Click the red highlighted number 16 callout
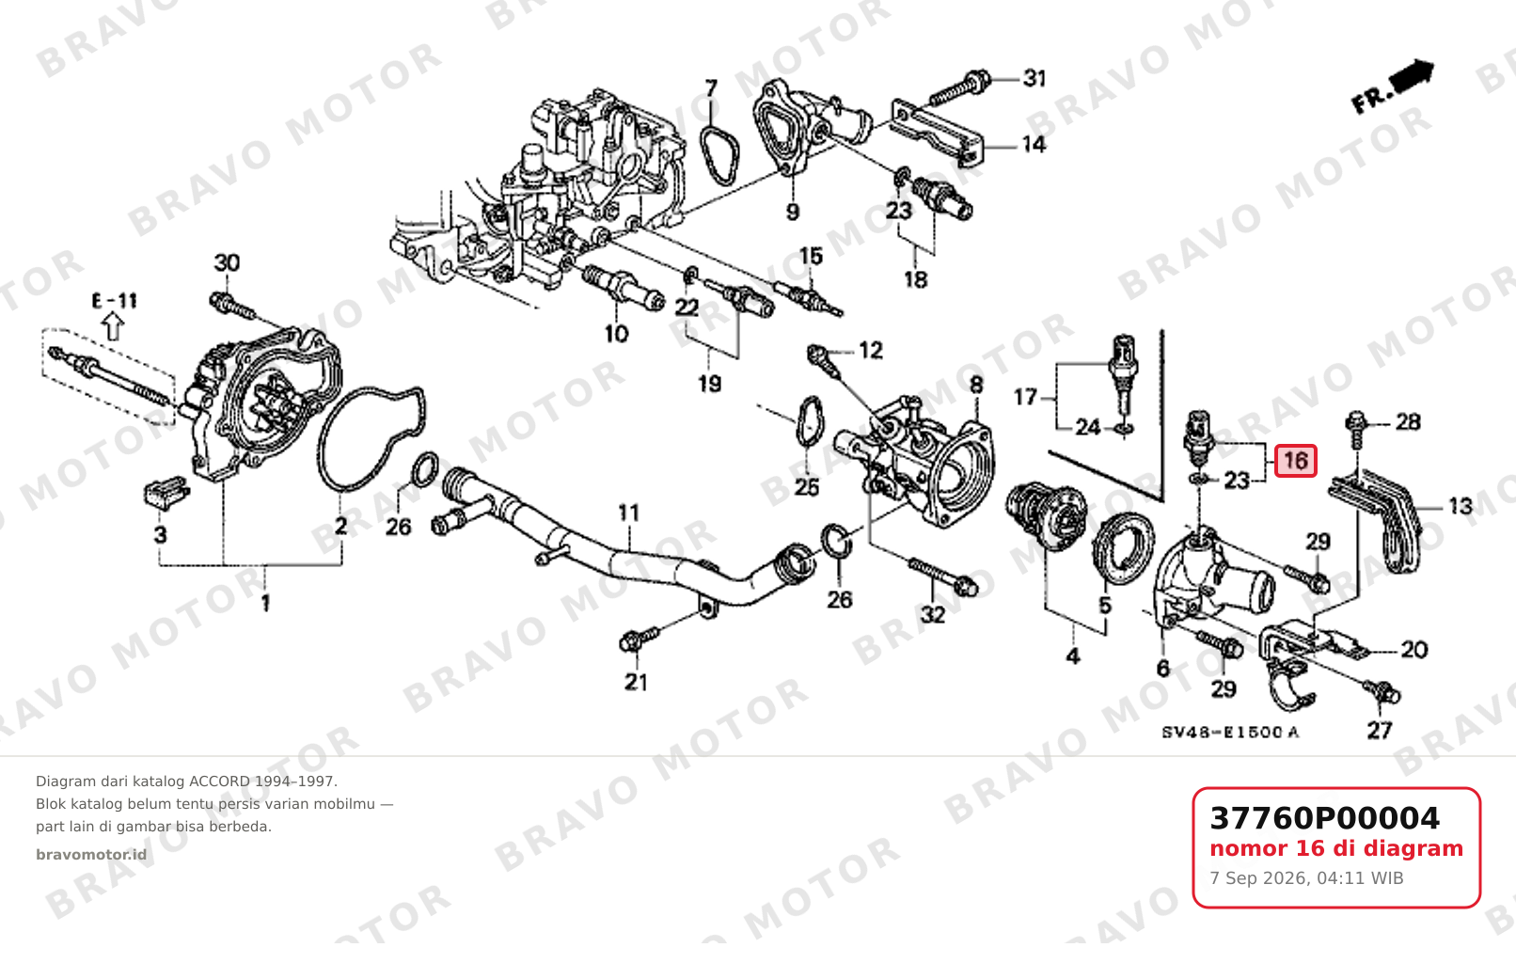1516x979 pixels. pyautogui.click(x=1295, y=461)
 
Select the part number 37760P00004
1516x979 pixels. pyautogui.click(x=1324, y=818)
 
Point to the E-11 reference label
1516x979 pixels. pyautogui.click(x=115, y=300)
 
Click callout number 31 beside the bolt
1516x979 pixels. pyautogui.click(x=1034, y=78)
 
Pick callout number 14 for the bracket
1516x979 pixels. pyautogui.click(x=1034, y=144)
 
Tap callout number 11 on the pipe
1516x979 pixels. pyautogui.click(x=628, y=513)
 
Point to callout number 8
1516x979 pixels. pyautogui.click(x=976, y=385)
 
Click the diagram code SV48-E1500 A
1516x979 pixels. pyautogui.click(x=1230, y=732)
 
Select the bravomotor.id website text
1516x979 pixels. pyautogui.click(x=91, y=855)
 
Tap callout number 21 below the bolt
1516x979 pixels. pyautogui.click(x=636, y=682)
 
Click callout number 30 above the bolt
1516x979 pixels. pyautogui.click(x=227, y=262)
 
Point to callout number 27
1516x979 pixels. pyautogui.click(x=1380, y=731)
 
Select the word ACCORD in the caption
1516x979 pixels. pyautogui.click(x=219, y=782)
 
